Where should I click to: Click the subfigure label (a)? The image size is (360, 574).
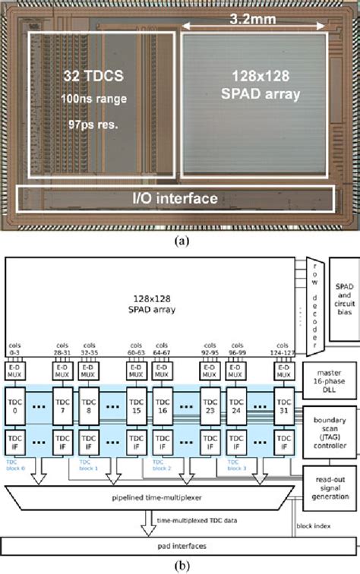pos(180,241)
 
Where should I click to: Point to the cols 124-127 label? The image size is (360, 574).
pos(283,348)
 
